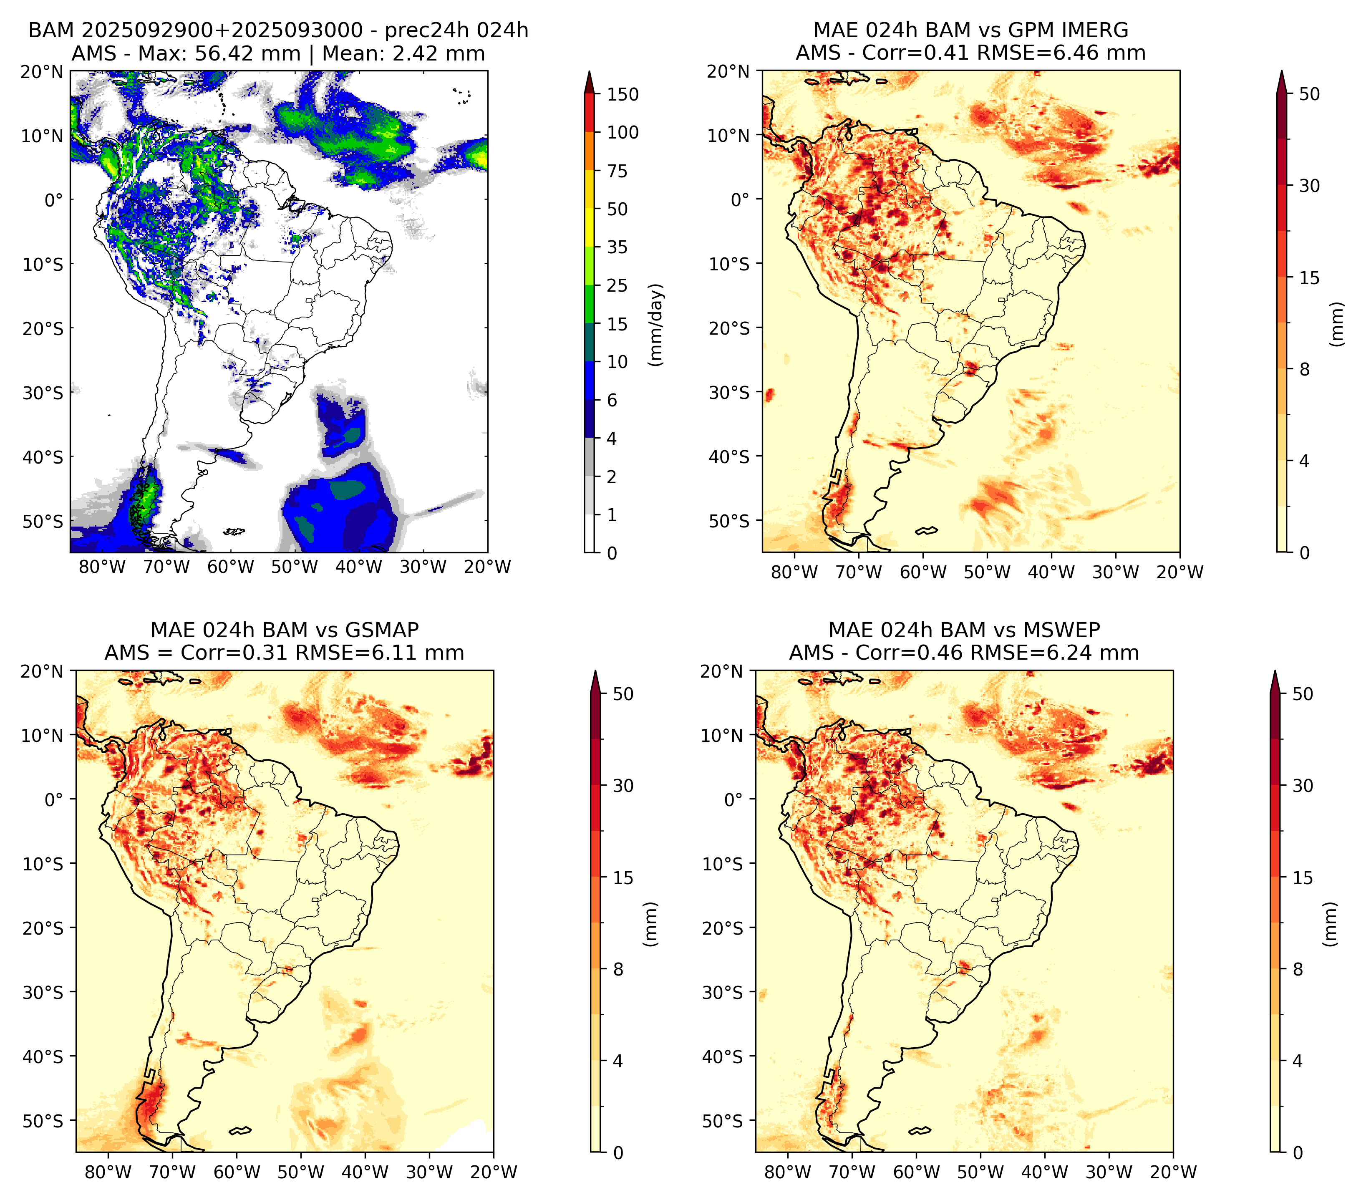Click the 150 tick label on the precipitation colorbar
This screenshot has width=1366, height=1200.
623,94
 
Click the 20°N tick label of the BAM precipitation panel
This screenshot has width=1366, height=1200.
42,71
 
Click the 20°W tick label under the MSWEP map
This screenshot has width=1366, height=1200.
1174,1172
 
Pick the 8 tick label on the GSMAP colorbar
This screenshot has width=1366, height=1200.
618,970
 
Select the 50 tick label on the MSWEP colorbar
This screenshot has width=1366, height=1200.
1303,694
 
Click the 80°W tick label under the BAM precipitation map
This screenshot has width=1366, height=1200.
102,567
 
